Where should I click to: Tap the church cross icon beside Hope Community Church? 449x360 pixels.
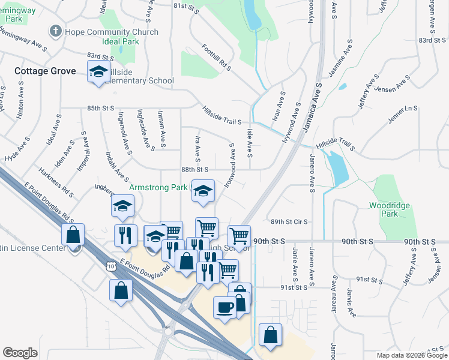click(x=56, y=31)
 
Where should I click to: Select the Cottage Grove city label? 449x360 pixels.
click(x=46, y=71)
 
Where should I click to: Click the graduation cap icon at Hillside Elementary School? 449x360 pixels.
click(x=98, y=72)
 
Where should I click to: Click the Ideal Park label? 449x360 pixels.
click(x=121, y=42)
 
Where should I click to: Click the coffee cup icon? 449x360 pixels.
click(x=225, y=307)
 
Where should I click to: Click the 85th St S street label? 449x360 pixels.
click(x=100, y=109)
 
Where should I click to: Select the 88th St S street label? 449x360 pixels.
click(x=194, y=170)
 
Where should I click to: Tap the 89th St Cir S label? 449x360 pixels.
click(x=289, y=221)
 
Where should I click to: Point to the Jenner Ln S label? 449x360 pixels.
click(x=402, y=114)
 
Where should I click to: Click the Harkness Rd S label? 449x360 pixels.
click(x=57, y=182)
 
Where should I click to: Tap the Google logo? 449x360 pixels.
click(x=20, y=353)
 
